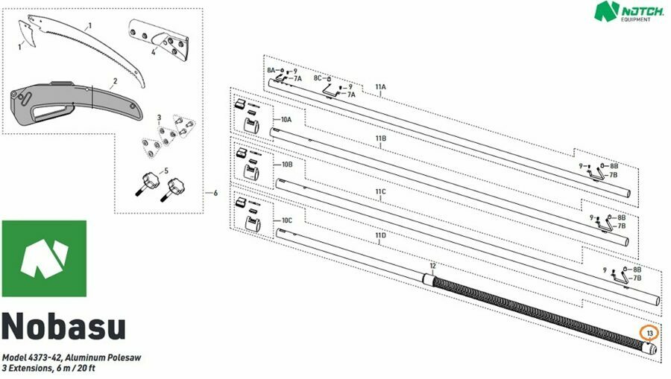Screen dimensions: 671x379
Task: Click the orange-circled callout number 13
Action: pos(649,334)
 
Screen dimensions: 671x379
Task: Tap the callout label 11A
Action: pos(380,86)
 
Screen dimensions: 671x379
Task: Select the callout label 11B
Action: pos(380,138)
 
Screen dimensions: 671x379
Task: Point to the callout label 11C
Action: pos(380,192)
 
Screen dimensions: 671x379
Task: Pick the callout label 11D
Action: pos(380,235)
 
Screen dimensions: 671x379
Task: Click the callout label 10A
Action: pos(286,120)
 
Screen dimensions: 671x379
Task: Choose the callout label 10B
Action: pos(287,165)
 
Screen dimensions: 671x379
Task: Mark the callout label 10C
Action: pos(287,220)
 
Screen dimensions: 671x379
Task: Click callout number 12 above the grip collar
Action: pos(432,266)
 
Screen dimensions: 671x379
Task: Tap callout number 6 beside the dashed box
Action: pos(215,193)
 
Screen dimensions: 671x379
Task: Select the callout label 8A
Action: pos(271,70)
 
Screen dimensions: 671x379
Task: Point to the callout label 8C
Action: pos(318,78)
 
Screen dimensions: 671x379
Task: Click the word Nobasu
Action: pos(64,326)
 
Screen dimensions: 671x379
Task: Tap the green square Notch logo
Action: pos(44,258)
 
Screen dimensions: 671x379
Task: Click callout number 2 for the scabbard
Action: pos(115,81)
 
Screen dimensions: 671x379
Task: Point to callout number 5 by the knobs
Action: pos(166,171)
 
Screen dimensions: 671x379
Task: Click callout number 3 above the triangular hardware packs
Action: pos(160,118)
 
